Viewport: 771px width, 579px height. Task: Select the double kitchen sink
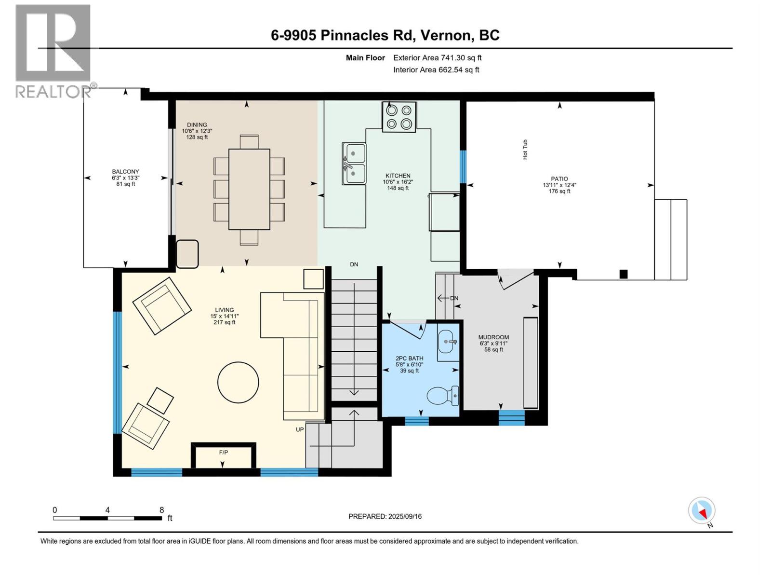pos(354,164)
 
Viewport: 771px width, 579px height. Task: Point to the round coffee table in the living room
pos(238,382)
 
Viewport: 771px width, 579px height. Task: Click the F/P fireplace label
pos(224,453)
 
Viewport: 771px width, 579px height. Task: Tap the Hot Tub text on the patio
pos(525,150)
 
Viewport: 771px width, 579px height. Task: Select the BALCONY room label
pos(126,172)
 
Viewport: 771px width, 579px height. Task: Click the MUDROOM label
pos(493,337)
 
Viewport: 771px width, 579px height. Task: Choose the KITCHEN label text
pos(398,176)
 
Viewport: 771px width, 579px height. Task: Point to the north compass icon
pos(702,510)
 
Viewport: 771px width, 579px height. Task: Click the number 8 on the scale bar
pos(161,510)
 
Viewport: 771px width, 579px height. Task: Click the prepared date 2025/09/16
pos(405,516)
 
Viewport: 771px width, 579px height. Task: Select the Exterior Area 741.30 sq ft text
pos(438,57)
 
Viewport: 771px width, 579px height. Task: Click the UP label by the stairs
pos(300,429)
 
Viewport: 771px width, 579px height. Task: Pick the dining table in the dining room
pos(250,189)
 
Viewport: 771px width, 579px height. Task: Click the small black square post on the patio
pos(624,274)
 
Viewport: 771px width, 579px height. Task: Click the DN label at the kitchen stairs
pos(354,264)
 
